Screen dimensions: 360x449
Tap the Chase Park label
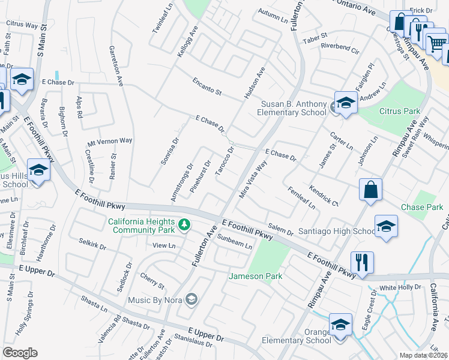click(x=422, y=208)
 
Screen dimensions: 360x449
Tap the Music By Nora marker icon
click(x=191, y=299)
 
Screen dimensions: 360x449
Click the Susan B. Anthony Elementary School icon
click(x=346, y=103)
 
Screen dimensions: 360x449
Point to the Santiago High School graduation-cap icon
click(x=386, y=227)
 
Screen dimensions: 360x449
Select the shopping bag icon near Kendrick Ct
click(x=370, y=190)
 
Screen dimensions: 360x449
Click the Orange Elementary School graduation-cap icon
click(x=340, y=326)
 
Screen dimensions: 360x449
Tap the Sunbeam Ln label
click(x=235, y=242)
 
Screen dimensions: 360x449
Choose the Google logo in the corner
click(x=20, y=353)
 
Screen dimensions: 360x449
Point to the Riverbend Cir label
click(x=339, y=46)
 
